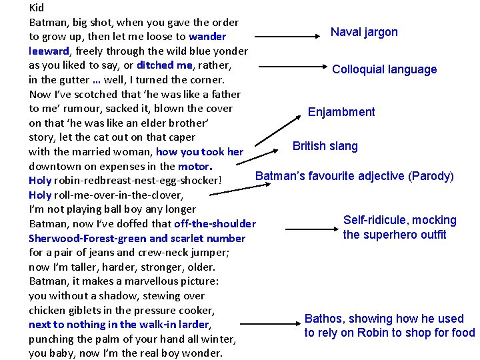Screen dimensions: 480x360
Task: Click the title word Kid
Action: click(x=37, y=8)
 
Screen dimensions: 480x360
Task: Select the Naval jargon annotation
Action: click(x=364, y=32)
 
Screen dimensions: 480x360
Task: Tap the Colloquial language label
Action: click(x=384, y=69)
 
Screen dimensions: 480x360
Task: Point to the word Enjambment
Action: click(x=341, y=112)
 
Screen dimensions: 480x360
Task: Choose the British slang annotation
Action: click(x=325, y=146)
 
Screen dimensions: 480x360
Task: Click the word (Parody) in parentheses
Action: click(x=431, y=176)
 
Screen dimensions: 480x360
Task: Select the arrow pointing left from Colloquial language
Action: click(x=290, y=67)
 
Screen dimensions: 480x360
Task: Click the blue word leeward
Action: click(x=49, y=51)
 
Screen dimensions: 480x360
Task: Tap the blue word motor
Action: click(x=194, y=167)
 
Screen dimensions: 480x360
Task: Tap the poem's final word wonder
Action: click(x=204, y=353)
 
